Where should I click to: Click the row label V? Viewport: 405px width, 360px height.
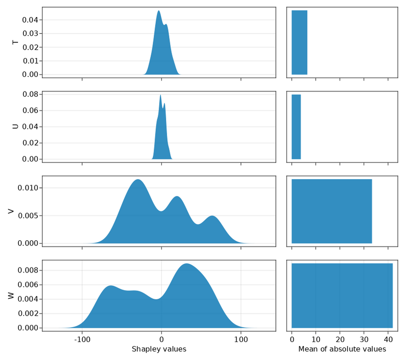click(x=11, y=211)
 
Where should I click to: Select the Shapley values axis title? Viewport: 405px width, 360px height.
click(x=159, y=349)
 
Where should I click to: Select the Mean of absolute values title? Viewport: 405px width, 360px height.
click(x=342, y=349)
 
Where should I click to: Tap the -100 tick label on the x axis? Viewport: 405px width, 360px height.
click(x=82, y=340)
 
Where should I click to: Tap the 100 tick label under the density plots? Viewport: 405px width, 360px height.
click(x=241, y=340)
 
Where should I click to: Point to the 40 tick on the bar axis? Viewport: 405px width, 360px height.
click(x=388, y=340)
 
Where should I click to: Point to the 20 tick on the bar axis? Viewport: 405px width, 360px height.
click(x=340, y=340)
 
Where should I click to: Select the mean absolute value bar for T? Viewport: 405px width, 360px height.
click(x=299, y=42)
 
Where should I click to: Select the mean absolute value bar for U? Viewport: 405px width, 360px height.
click(x=296, y=127)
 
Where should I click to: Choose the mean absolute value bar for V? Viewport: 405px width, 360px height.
click(x=331, y=211)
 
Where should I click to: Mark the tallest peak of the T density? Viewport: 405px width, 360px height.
click(x=159, y=12)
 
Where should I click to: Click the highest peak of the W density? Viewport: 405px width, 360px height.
click(x=186, y=264)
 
